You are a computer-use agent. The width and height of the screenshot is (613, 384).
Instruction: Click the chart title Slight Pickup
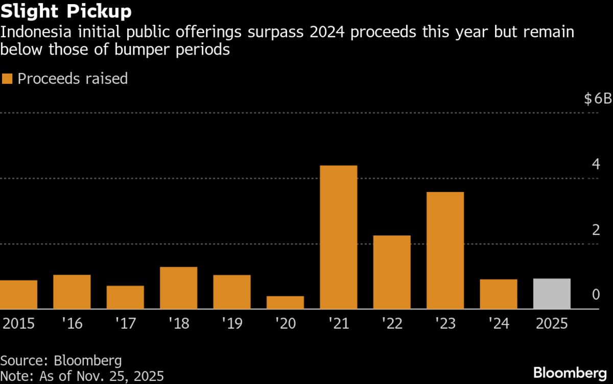[66, 11]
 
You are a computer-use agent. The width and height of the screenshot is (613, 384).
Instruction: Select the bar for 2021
[338, 237]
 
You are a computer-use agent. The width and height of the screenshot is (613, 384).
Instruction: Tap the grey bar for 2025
[552, 294]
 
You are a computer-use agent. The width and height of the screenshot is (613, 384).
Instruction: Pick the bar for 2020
[285, 302]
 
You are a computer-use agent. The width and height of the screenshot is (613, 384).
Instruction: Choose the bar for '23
[445, 250]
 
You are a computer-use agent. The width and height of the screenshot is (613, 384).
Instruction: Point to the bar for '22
[392, 272]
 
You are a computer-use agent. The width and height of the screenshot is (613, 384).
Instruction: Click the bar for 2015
[18, 295]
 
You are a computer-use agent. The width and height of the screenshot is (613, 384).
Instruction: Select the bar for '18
[178, 288]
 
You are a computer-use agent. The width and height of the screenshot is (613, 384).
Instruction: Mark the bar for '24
[499, 294]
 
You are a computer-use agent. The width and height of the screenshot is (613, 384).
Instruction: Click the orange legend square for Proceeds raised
[7, 79]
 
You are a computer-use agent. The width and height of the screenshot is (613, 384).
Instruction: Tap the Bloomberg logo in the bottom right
[572, 372]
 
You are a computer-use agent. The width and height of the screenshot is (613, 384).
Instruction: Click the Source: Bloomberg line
[61, 361]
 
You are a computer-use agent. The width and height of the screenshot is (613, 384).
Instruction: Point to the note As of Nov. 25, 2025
[82, 376]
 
